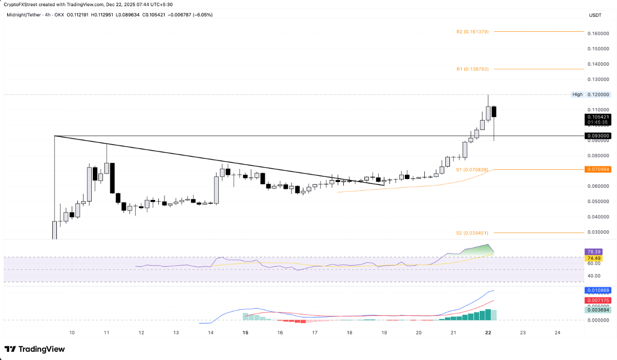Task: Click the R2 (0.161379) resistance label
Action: click(472, 32)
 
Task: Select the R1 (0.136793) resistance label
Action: click(472, 69)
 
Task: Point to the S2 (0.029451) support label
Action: click(472, 233)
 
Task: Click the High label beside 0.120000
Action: click(577, 94)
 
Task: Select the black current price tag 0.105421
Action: click(598, 117)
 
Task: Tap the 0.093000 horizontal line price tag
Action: click(598, 136)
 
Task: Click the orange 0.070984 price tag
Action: click(598, 169)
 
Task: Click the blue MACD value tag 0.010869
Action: click(598, 290)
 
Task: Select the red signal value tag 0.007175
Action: click(598, 300)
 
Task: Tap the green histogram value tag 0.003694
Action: click(598, 310)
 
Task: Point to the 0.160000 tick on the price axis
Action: click(599, 34)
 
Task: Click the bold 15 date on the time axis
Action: click(245, 333)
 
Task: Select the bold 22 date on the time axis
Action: click(488, 333)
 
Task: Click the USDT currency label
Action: click(595, 15)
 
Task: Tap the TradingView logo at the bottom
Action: click(35, 349)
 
